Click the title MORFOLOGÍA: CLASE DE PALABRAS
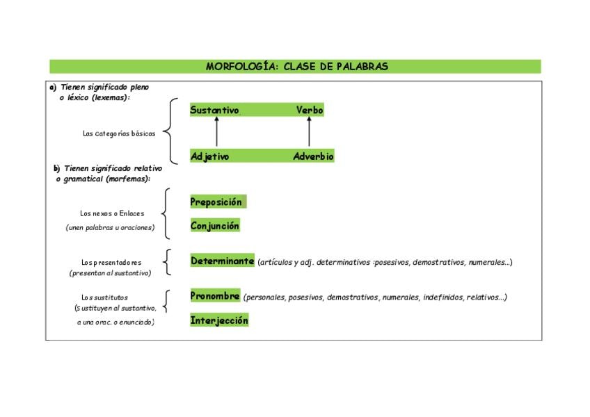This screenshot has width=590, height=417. point(296,67)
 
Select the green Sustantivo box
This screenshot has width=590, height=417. point(214,110)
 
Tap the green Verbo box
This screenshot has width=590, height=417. point(309,110)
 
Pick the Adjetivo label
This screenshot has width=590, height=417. point(209,156)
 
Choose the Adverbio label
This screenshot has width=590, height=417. point(313,156)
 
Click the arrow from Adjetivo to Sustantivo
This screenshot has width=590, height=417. point(216,132)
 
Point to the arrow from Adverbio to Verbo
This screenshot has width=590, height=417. point(309,132)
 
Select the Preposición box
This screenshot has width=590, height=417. point(216,202)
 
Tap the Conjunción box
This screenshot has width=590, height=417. point(215,226)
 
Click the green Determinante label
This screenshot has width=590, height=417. point(223,261)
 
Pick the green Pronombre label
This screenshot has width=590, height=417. point(215,296)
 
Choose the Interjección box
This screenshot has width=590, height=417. point(219,320)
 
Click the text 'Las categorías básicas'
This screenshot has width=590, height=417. point(119,133)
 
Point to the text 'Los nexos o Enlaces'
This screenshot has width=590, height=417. point(112,213)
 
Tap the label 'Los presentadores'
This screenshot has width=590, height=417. point(111,263)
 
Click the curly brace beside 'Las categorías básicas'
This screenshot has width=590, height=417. point(172,132)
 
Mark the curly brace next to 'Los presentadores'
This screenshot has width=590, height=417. point(166,262)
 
